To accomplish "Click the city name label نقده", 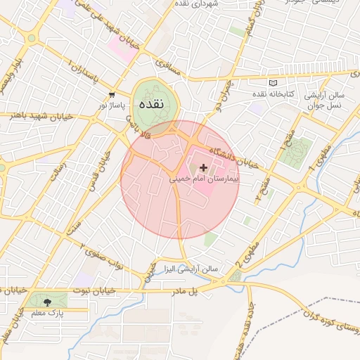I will click(x=151, y=103).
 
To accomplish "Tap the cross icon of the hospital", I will click(x=204, y=167).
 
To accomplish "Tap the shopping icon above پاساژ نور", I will click(x=111, y=94).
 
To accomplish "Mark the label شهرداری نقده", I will click(x=214, y=4).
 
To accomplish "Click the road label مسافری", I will click(x=169, y=67).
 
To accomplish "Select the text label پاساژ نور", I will click(x=111, y=105).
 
